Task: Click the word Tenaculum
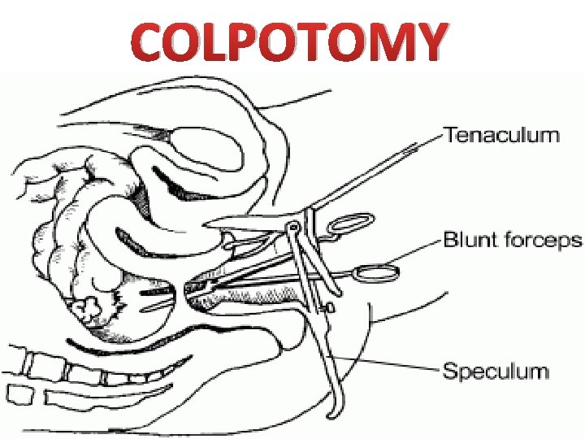(x=501, y=134)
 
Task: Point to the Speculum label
(x=495, y=372)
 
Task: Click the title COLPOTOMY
(x=291, y=42)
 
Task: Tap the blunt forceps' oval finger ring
(x=377, y=272)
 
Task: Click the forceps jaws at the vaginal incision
(x=195, y=286)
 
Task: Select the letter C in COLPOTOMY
(x=153, y=43)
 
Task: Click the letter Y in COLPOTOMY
(x=428, y=43)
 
